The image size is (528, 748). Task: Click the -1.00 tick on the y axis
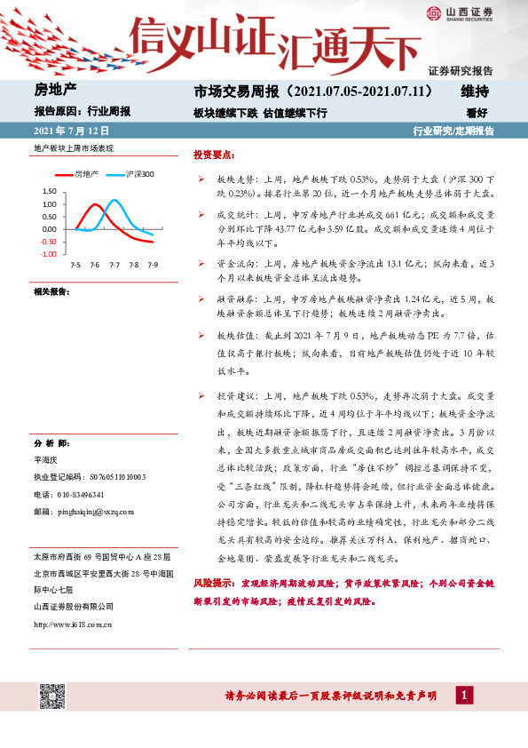48,254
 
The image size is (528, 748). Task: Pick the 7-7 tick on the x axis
114,265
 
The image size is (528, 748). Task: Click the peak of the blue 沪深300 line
114,200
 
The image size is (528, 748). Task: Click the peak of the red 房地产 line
94,205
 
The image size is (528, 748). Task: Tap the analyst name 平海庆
45,460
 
